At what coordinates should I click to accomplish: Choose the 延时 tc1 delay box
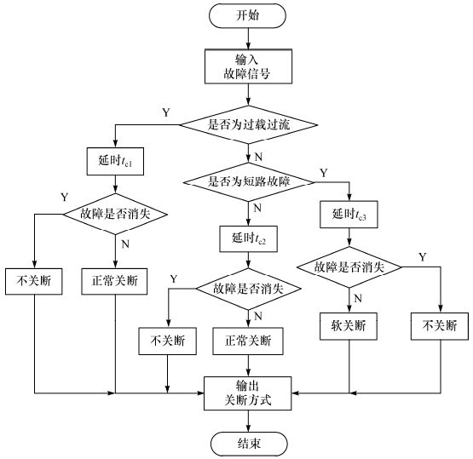pyautogui.click(x=115, y=160)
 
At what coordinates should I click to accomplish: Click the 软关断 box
pyautogui.click(x=349, y=326)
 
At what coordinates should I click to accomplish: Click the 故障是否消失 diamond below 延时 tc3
pyautogui.click(x=349, y=267)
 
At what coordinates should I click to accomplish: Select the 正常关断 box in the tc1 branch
pyautogui.click(x=115, y=281)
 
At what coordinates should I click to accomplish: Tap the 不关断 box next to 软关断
pyautogui.click(x=440, y=326)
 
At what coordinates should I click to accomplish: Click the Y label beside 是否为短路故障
pyautogui.click(x=323, y=173)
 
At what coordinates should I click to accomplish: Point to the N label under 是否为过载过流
pyautogui.click(x=257, y=156)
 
